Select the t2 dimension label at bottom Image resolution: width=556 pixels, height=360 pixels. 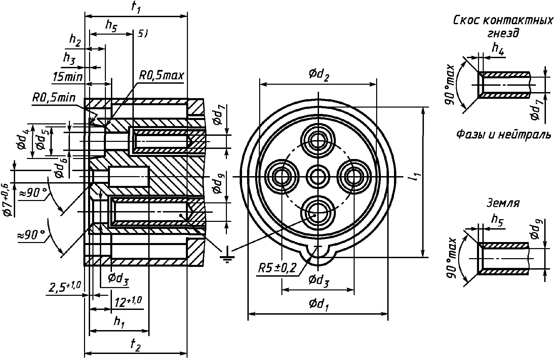tap(135, 345)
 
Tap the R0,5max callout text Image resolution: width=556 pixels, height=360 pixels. tap(161, 76)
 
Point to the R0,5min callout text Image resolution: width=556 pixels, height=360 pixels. tap(54, 98)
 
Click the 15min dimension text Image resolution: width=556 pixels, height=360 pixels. tap(68, 77)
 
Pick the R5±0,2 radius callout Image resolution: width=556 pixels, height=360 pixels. tap(278, 268)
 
